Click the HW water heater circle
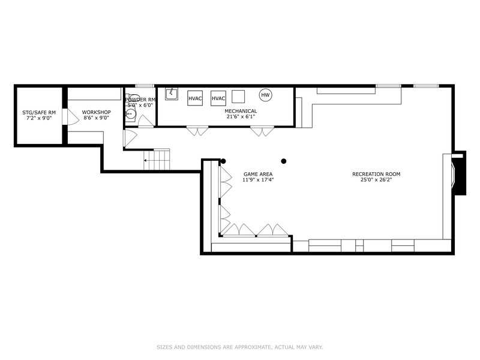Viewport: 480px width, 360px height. coord(265,95)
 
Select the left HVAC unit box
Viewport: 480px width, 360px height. coord(195,98)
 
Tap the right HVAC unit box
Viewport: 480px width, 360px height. coord(218,98)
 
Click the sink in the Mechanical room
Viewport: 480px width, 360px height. coord(172,94)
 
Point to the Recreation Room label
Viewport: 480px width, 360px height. coord(376,174)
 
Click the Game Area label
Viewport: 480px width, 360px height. coord(258,174)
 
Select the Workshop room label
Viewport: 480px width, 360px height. coord(97,112)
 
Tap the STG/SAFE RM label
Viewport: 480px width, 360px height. coord(39,113)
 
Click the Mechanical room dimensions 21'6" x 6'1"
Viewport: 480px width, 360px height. coord(241,116)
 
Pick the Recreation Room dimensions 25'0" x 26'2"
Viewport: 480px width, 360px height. coord(376,179)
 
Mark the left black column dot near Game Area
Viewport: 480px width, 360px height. coord(223,161)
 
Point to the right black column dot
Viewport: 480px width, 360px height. coord(284,161)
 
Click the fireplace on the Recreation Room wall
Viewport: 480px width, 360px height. coord(458,173)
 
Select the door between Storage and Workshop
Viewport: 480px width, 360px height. coord(70,116)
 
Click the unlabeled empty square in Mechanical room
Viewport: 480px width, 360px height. coord(238,97)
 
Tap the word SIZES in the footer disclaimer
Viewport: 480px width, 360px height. coord(164,347)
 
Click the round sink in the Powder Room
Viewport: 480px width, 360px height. coord(131,114)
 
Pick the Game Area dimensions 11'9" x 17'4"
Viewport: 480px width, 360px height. coord(258,179)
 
